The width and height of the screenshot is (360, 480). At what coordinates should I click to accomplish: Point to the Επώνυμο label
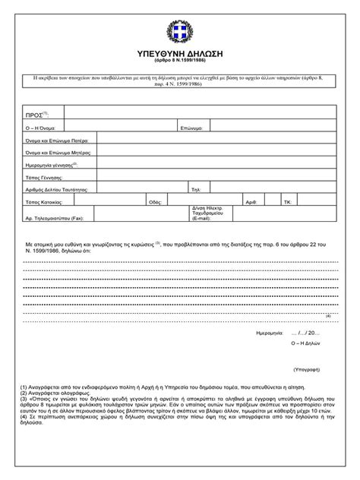[191, 128]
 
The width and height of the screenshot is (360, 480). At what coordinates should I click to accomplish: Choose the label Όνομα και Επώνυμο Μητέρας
[58, 153]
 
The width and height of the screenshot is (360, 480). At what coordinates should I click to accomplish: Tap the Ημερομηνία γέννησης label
[52, 164]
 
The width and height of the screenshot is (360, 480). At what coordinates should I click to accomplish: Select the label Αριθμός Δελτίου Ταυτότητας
[58, 188]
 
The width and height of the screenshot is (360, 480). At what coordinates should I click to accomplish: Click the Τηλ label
[195, 188]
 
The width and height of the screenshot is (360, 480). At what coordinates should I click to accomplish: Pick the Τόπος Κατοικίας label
[45, 203]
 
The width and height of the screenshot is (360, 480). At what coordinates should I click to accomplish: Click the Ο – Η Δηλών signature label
[305, 343]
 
